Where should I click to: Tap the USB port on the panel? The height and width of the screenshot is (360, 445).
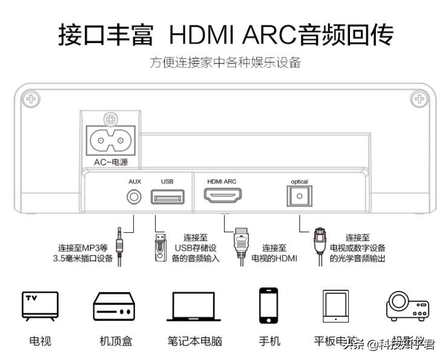pyautogui.click(x=167, y=197)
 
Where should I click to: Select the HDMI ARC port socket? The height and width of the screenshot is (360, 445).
pyautogui.click(x=222, y=196)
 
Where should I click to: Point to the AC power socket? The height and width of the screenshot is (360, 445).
pyautogui.click(x=110, y=141)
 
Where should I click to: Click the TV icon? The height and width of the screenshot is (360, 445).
pyautogui.click(x=40, y=305)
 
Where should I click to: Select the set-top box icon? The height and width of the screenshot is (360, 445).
pyautogui.click(x=113, y=307)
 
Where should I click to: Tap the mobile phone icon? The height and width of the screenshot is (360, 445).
pyautogui.click(x=268, y=306)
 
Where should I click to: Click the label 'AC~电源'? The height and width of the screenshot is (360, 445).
pyautogui.click(x=111, y=162)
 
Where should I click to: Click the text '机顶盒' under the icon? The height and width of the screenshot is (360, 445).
pyautogui.click(x=116, y=341)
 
